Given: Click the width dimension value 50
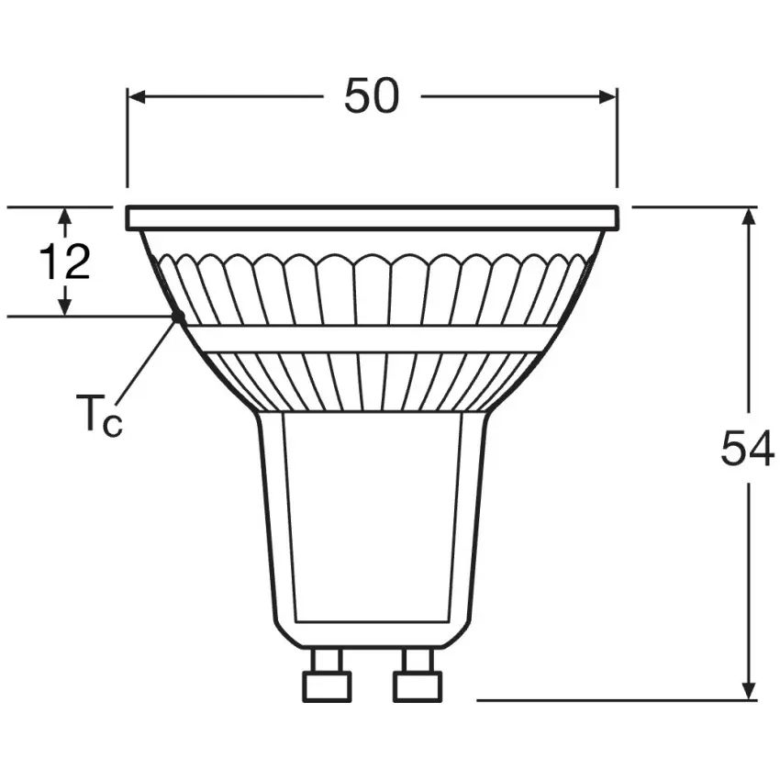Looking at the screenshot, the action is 372,96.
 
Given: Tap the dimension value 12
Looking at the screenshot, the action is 64,262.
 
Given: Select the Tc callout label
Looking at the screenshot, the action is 99,413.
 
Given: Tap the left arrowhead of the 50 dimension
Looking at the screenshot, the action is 137,97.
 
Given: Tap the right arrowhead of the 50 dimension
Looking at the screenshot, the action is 607,97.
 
